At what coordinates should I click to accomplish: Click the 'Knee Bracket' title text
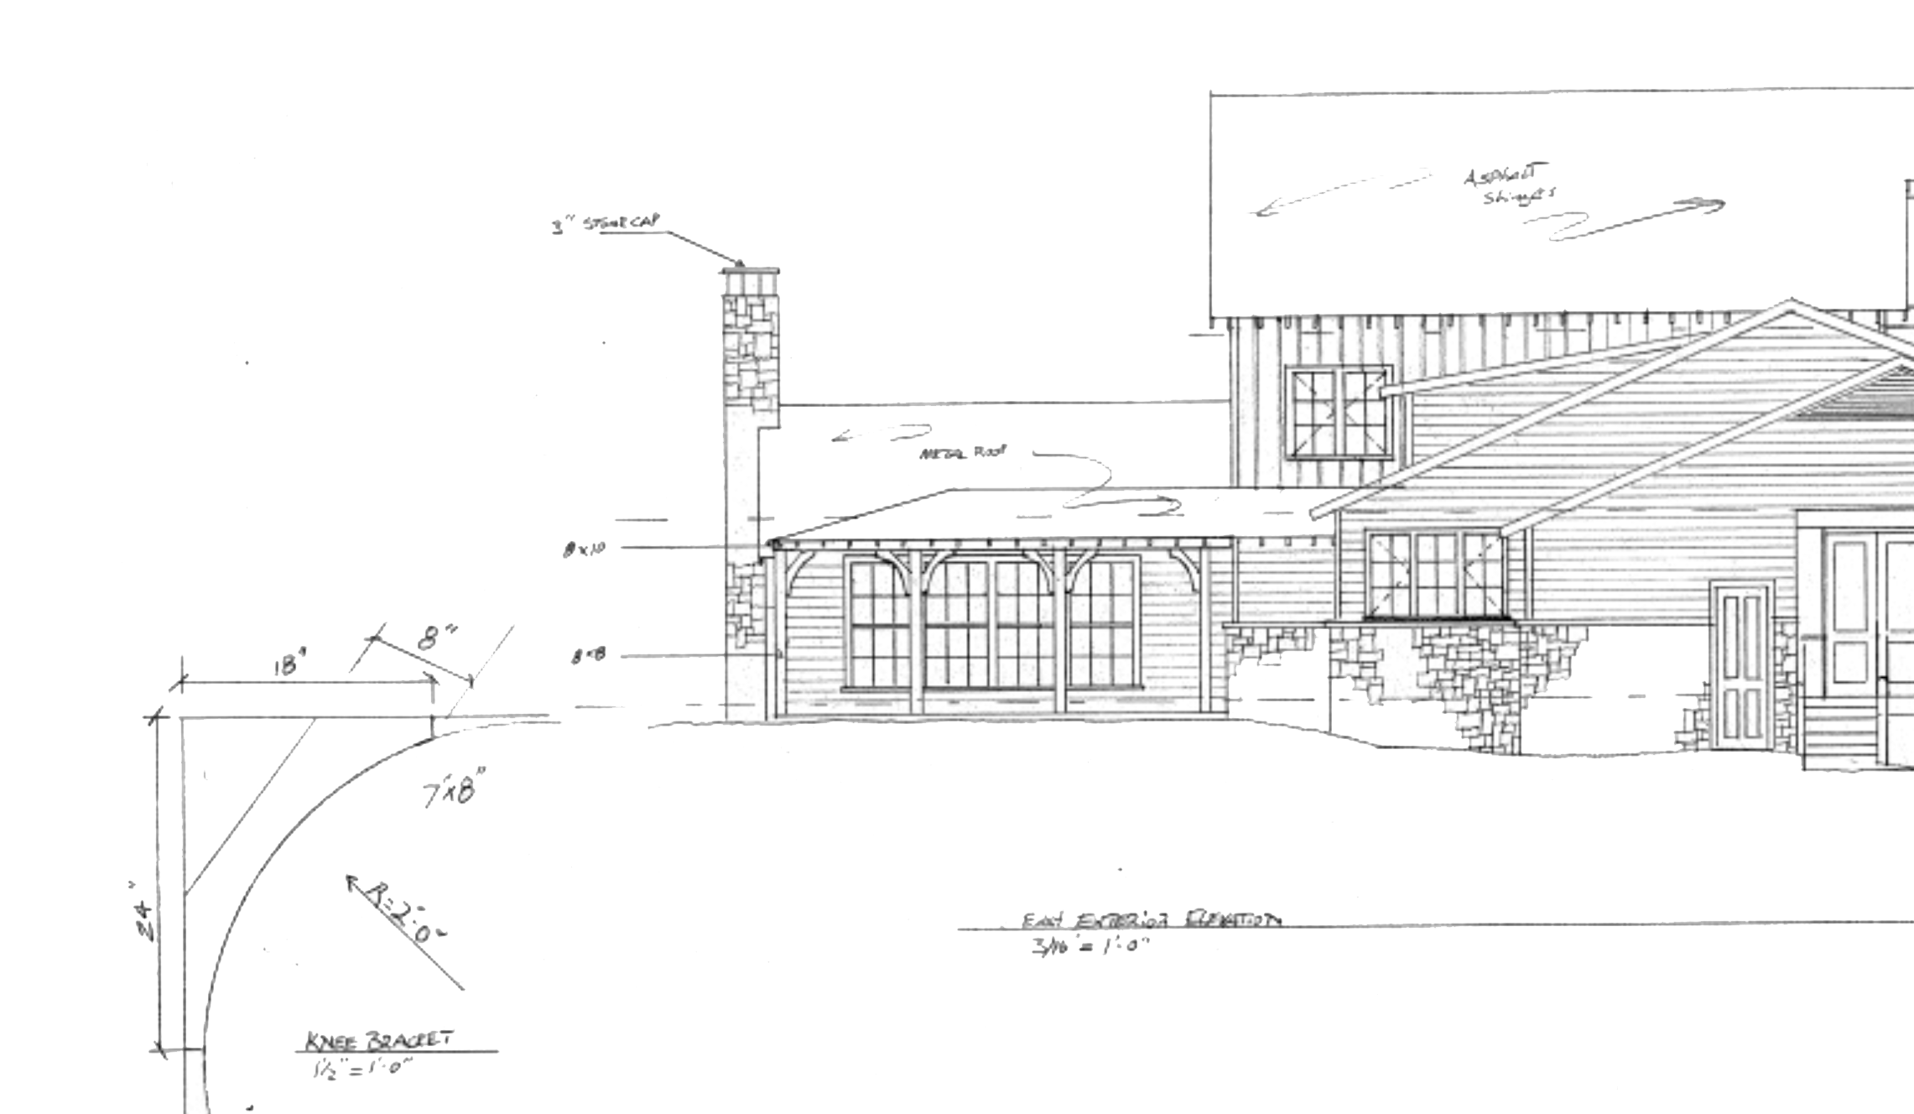pyautogui.click(x=377, y=1042)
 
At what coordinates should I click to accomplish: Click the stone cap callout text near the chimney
pyautogui.click(x=606, y=226)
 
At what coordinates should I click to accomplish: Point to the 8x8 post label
pyautogui.click(x=587, y=659)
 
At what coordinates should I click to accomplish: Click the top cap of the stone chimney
pyautogui.click(x=749, y=273)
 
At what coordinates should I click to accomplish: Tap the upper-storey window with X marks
pyautogui.click(x=1339, y=414)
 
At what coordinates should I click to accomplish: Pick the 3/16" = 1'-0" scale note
pyautogui.click(x=1090, y=952)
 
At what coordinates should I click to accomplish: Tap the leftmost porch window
pyautogui.click(x=878, y=622)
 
